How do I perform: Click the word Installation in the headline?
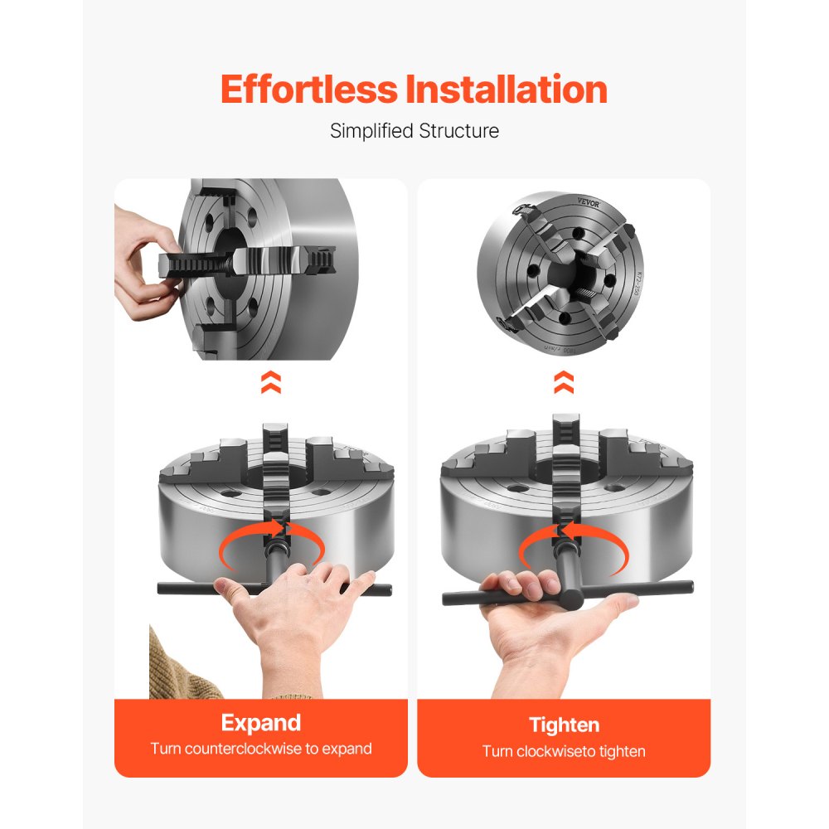(506, 90)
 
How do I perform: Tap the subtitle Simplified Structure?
(414, 131)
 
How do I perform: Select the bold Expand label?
(260, 722)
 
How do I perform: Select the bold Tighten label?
(564, 725)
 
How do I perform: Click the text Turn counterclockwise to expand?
(260, 749)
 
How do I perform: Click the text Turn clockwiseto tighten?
(564, 752)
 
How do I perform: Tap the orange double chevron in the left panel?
(271, 382)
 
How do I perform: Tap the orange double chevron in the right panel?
(564, 382)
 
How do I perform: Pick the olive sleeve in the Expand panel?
(178, 671)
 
